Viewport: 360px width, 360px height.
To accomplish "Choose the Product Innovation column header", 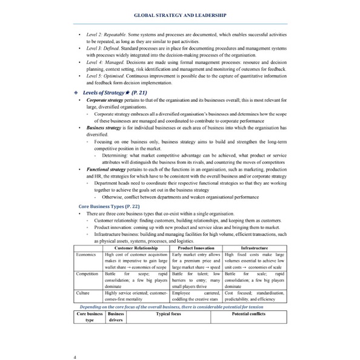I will click(x=196, y=248).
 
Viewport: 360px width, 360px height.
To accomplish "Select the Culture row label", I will click(x=84, y=293).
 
